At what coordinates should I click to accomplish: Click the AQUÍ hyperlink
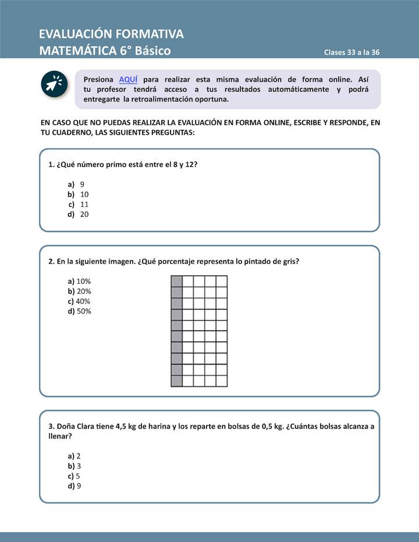tap(128, 79)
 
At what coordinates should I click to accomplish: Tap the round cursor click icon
tap(55, 84)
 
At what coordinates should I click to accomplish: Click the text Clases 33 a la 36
tap(351, 52)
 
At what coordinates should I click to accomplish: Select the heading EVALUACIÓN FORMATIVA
tap(111, 34)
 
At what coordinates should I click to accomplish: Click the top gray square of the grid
tap(176, 281)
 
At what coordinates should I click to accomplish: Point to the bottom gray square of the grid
tap(176, 381)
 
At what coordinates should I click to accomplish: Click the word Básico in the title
tap(152, 51)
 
